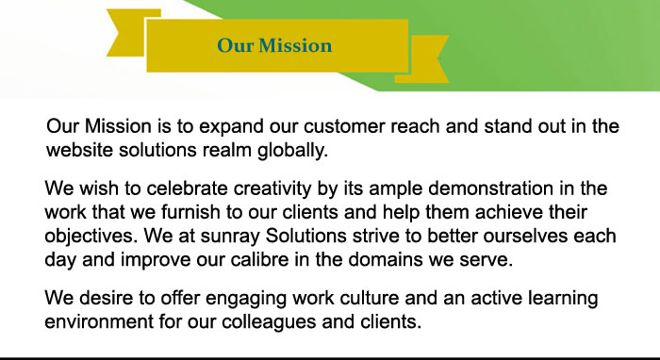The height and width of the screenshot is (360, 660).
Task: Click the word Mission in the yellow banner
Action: (295, 45)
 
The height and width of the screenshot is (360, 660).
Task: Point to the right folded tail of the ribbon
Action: (425, 59)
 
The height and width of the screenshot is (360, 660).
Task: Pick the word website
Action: (79, 150)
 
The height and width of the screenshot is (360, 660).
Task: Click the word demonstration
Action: (490, 188)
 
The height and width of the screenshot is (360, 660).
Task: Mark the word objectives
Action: (91, 237)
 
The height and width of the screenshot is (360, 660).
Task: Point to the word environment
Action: (99, 322)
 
